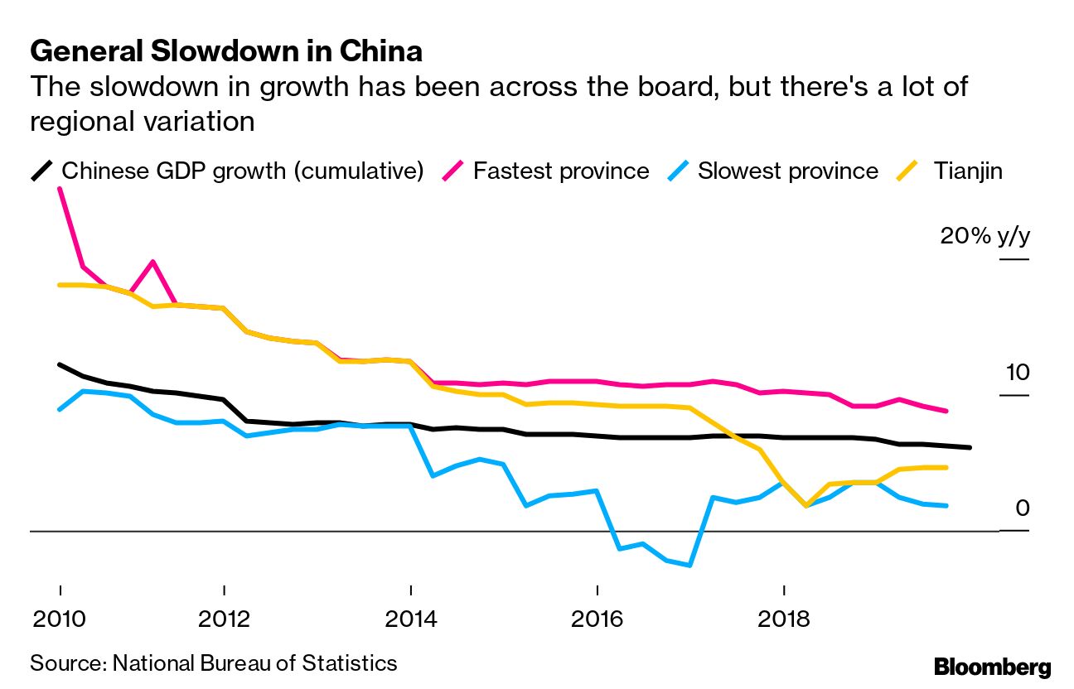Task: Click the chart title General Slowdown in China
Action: pyautogui.click(x=226, y=52)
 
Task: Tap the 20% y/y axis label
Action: pyautogui.click(x=984, y=236)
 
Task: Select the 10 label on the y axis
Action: pyautogui.click(x=1017, y=373)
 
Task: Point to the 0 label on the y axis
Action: pyautogui.click(x=1022, y=508)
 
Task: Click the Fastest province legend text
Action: pyautogui.click(x=561, y=171)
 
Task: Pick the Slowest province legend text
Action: pyautogui.click(x=787, y=171)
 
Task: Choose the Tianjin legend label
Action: pyautogui.click(x=968, y=171)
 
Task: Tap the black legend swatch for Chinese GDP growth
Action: pyautogui.click(x=42, y=171)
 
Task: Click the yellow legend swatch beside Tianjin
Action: pyautogui.click(x=910, y=171)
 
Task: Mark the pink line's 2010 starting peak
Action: pyautogui.click(x=60, y=190)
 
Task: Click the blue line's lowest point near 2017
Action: pyautogui.click(x=689, y=566)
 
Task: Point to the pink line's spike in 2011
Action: pyautogui.click(x=152, y=262)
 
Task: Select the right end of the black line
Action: pyautogui.click(x=970, y=447)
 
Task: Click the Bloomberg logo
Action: pyautogui.click(x=992, y=667)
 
